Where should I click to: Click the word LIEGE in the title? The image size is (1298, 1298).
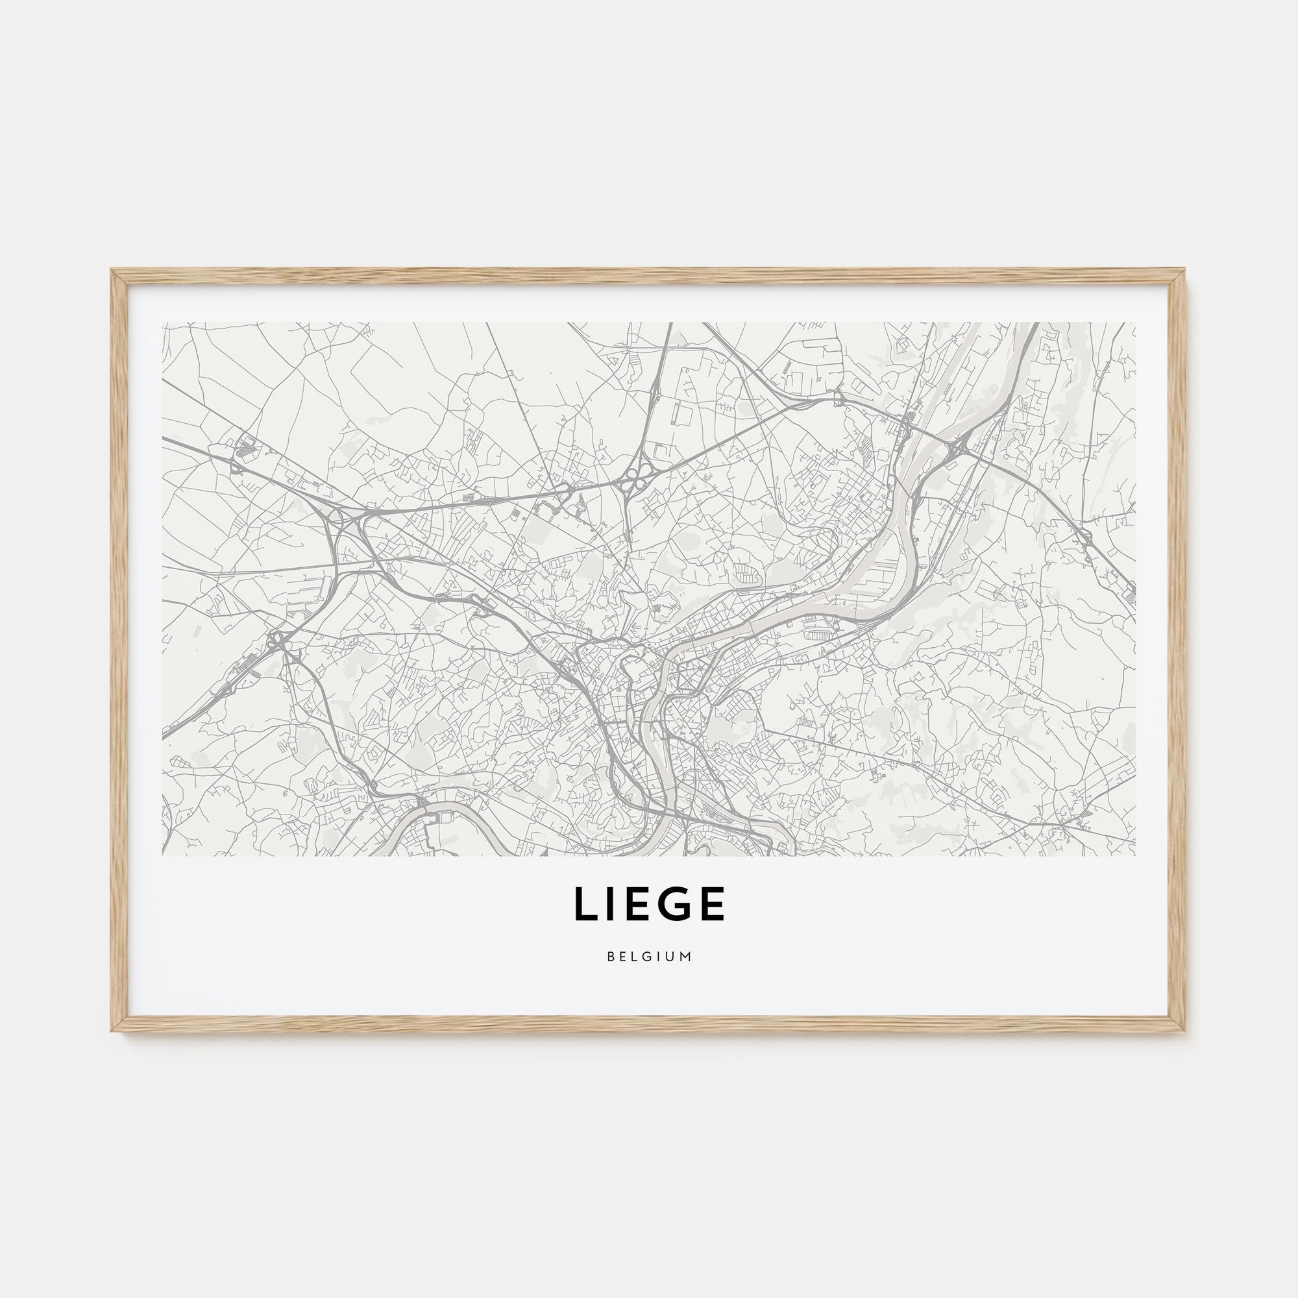649,903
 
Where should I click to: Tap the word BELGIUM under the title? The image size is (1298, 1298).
649,957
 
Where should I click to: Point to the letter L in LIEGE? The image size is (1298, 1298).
583,903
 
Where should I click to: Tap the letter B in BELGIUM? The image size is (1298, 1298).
609,957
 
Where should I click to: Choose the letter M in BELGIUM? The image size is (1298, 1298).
687,957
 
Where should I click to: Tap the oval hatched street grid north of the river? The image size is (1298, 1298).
745,573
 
